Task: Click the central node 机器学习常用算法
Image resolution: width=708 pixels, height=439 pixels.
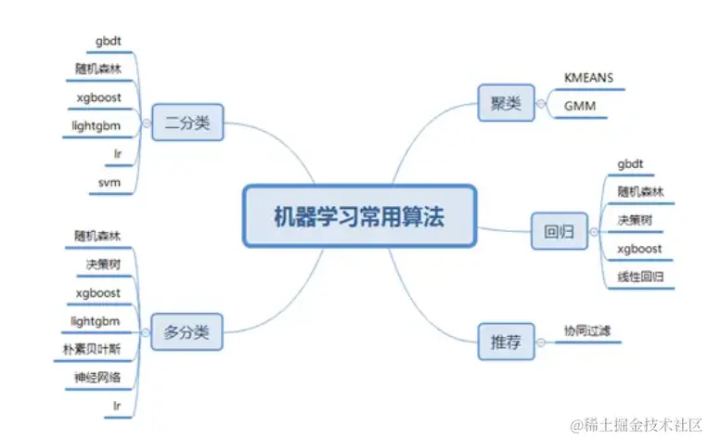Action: click(x=359, y=216)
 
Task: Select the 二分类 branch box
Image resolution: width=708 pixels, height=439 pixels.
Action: click(x=187, y=123)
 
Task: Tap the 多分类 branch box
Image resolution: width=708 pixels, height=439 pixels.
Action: click(x=187, y=331)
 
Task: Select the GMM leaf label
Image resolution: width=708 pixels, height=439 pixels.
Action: click(x=580, y=107)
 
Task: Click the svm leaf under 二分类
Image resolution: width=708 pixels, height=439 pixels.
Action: click(x=109, y=182)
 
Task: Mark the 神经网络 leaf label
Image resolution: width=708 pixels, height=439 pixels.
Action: click(x=97, y=378)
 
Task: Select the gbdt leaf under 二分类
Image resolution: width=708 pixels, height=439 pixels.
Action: click(x=109, y=41)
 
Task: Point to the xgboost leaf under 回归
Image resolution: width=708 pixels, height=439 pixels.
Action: click(x=638, y=249)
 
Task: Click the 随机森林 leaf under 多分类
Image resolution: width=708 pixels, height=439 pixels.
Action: click(x=97, y=236)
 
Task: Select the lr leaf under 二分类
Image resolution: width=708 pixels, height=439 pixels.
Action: click(x=114, y=153)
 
